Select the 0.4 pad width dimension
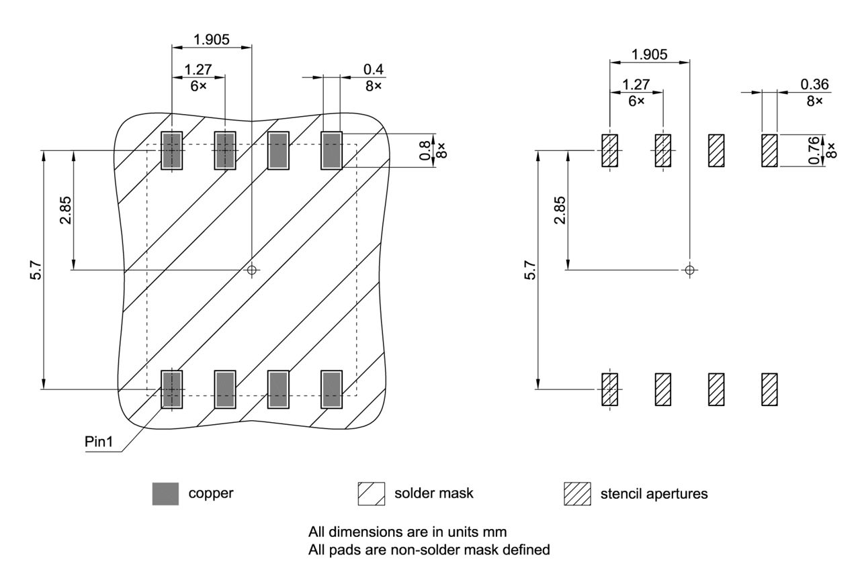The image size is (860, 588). (x=374, y=69)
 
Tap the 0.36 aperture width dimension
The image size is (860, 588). (x=814, y=85)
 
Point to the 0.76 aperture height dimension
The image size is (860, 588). (x=814, y=150)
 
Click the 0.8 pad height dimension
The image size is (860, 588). (x=425, y=150)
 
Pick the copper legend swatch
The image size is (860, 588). (x=165, y=494)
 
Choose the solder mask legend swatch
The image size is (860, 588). (x=372, y=494)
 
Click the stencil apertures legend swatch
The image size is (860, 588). (x=576, y=494)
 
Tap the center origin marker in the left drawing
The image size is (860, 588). (x=252, y=270)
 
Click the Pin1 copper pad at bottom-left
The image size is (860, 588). (x=172, y=389)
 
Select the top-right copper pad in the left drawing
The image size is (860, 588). (x=331, y=150)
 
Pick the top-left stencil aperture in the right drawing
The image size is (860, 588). (x=609, y=150)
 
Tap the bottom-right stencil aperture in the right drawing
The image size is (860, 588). (x=769, y=389)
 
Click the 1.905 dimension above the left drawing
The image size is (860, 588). (x=212, y=39)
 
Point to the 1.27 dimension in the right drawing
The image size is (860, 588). (x=636, y=85)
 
